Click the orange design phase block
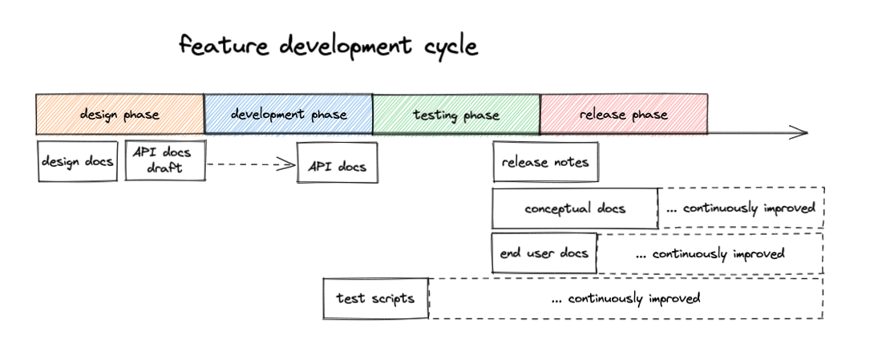pos(119,115)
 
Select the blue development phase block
pos(288,115)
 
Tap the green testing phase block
pos(455,115)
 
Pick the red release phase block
pos(623,115)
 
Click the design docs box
pos(78,162)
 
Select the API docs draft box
pos(164,160)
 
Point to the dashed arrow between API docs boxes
pos(251,164)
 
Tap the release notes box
pos(545,163)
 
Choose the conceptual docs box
pos(574,208)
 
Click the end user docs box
pos(544,253)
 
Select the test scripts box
pos(375,298)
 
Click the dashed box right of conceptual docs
pos(741,208)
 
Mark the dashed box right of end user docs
pos(710,254)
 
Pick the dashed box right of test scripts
pos(625,298)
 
